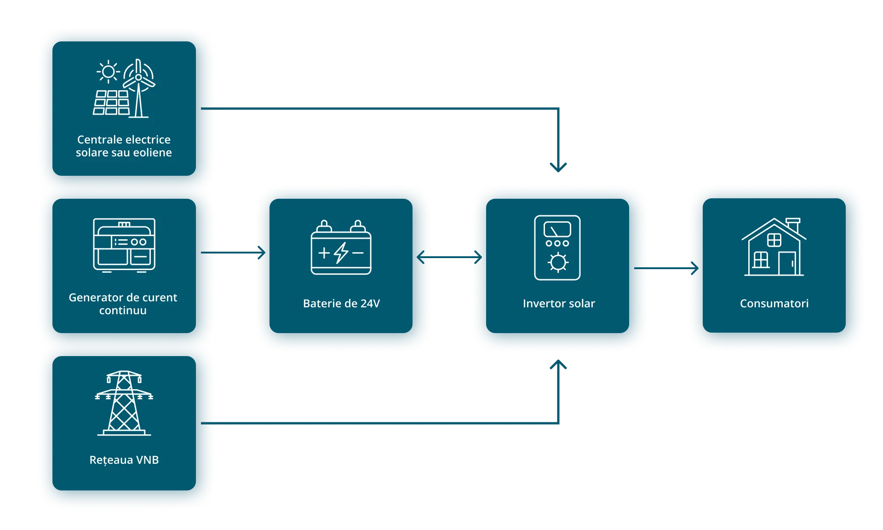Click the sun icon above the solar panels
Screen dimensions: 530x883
tap(108, 72)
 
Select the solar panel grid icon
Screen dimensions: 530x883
tap(111, 103)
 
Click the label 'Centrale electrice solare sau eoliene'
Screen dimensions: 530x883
tap(124, 146)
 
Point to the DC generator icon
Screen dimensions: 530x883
tap(124, 245)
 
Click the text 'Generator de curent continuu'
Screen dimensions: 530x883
tap(123, 304)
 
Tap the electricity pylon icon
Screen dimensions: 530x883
tap(124, 403)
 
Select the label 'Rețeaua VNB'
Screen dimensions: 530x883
tap(124, 460)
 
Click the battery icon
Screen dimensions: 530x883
tap(341, 248)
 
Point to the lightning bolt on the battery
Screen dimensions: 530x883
tap(341, 253)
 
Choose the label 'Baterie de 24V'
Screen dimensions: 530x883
tap(341, 304)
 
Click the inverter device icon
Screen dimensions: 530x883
tap(557, 248)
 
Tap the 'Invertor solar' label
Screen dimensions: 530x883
tap(559, 304)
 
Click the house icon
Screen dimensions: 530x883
tap(774, 248)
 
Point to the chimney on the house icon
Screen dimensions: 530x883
tap(793, 224)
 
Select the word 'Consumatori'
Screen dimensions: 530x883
tap(774, 304)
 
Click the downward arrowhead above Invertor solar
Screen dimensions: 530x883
tap(559, 167)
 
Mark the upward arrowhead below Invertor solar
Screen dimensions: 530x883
tap(559, 365)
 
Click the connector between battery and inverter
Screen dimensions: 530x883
tap(452, 257)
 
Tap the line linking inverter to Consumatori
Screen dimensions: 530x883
tap(668, 268)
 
